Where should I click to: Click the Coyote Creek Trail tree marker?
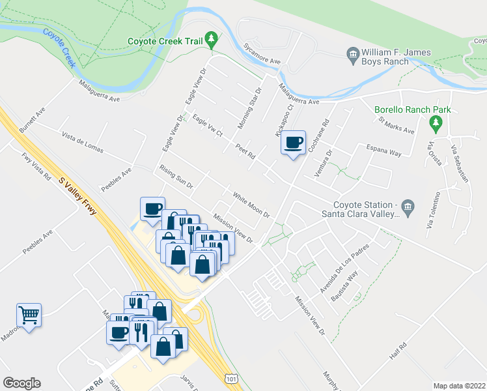(x=211, y=40)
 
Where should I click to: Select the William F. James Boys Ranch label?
(x=387, y=57)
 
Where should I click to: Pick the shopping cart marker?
(x=29, y=315)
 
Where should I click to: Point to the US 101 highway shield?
(x=230, y=377)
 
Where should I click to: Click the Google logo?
(x=21, y=383)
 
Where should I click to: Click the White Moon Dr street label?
(x=251, y=204)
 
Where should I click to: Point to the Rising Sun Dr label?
(x=176, y=177)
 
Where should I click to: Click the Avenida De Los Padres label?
(x=344, y=267)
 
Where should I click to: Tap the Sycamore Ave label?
(x=262, y=55)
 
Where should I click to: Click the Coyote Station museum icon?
(x=408, y=207)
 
